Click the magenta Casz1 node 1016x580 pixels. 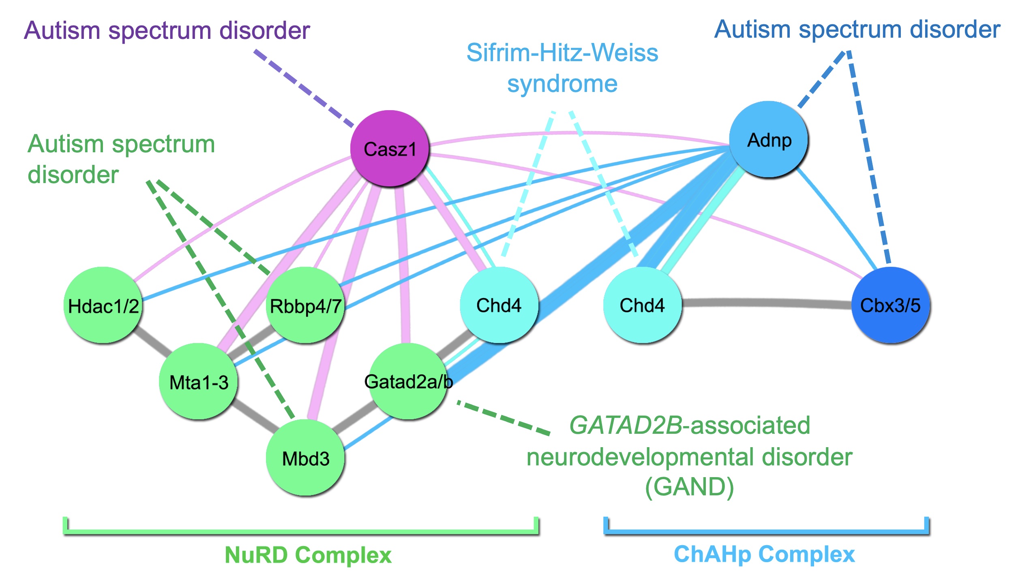[x=389, y=149]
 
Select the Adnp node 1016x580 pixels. [x=768, y=139]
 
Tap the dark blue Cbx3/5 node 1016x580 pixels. [x=890, y=305]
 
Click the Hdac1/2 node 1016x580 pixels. [x=103, y=305]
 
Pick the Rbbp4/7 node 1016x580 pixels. [x=306, y=305]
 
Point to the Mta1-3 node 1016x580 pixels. [x=198, y=381]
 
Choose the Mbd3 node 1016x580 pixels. [x=305, y=457]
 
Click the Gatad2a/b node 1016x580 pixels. [x=407, y=381]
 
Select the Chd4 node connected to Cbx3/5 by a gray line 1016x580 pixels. [x=642, y=305]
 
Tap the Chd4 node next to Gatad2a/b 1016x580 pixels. [x=499, y=305]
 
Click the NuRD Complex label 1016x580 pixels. [x=308, y=554]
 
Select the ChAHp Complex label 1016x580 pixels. [x=764, y=554]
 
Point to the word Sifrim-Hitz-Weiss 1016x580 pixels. [x=562, y=53]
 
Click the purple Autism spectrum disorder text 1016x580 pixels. [x=167, y=30]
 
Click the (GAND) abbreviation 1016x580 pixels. [x=689, y=487]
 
